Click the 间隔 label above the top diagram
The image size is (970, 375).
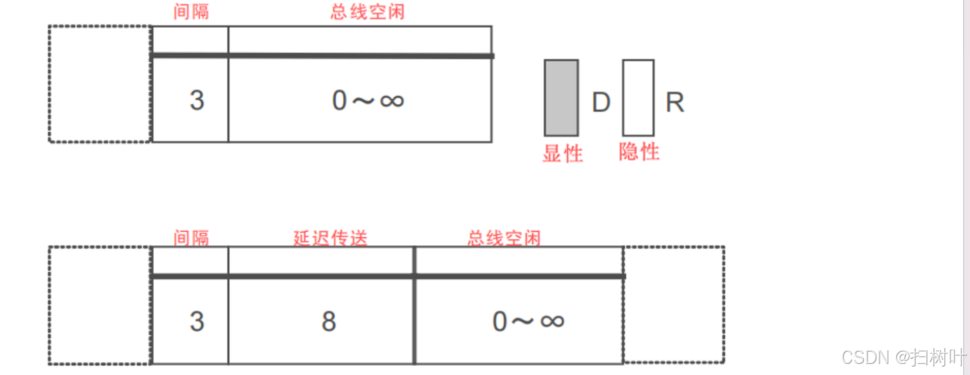tap(191, 11)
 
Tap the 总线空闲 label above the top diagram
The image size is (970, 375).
tap(367, 11)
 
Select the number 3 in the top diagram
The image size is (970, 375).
tap(197, 101)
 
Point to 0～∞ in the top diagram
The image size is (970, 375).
tap(368, 101)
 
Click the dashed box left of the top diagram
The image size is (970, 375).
tap(100, 84)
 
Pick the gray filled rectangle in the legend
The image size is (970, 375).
tap(561, 98)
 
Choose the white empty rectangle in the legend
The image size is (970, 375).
tap(638, 98)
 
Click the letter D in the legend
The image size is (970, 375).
tap(601, 103)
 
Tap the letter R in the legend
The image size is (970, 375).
tap(675, 103)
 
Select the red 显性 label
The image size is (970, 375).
tap(562, 153)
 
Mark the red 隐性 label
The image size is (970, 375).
tap(639, 151)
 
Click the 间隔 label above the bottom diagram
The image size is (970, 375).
tap(191, 238)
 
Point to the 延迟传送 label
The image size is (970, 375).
tap(330, 238)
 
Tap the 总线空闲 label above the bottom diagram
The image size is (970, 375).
tap(504, 238)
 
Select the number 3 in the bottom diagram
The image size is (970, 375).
tap(197, 321)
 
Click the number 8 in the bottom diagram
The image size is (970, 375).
tap(328, 321)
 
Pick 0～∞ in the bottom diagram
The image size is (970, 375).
tap(528, 321)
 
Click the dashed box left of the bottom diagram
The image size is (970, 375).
tap(100, 305)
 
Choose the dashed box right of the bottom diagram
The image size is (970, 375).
tap(674, 305)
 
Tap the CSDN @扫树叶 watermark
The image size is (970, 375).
tap(903, 357)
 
